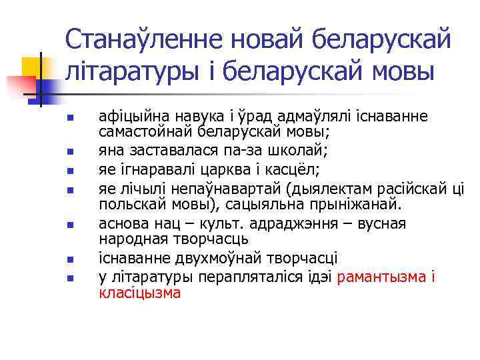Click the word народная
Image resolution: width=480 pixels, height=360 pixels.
131,238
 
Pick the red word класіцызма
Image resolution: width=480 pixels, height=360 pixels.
139,292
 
